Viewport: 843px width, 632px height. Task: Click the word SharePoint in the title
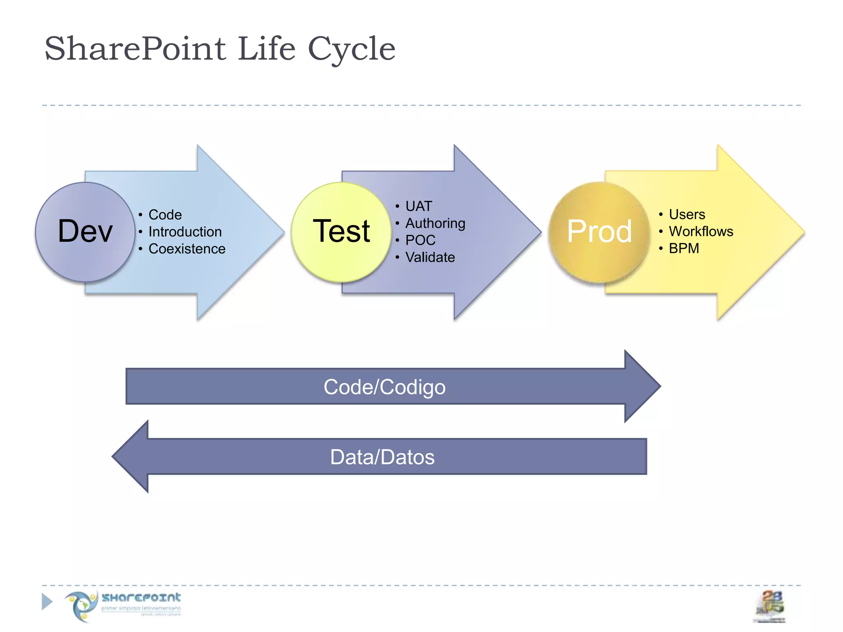135,49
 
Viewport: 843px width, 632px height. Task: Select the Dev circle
85,232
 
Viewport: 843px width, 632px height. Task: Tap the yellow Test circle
341,232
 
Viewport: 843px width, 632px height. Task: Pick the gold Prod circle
599,232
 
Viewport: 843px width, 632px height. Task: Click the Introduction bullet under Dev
185,232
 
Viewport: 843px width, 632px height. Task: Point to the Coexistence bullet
186,249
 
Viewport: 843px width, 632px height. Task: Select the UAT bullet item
419,206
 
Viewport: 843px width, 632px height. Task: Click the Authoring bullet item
435,223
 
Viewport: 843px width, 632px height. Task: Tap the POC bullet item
420,240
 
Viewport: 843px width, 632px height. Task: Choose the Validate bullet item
430,257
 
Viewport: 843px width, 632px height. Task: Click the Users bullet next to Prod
687,214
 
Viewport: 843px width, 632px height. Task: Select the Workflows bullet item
701,231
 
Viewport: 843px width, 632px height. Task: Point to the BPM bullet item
684,249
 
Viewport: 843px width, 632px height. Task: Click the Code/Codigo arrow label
384,387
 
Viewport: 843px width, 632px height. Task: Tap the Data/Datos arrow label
382,457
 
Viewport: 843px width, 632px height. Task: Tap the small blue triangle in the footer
47,602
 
